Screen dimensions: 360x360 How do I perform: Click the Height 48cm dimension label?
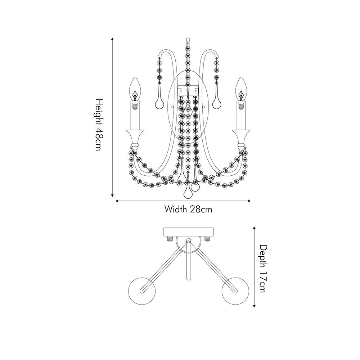98,125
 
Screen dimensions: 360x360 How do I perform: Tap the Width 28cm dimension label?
188,209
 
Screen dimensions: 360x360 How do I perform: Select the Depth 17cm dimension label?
264,269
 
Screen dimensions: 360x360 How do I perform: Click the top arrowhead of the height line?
112,39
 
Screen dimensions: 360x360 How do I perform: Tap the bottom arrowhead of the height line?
112,195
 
